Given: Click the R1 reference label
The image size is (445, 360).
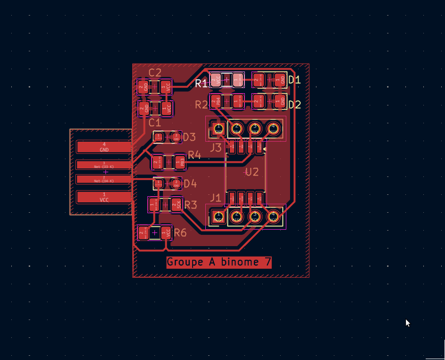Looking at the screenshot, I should pos(201,84).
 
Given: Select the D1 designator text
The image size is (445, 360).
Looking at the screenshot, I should pos(294,80).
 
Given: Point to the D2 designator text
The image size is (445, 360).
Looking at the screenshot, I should pos(294,104).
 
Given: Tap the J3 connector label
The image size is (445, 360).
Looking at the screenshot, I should pos(215,148).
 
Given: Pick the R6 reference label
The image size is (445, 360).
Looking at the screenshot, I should pos(180,232).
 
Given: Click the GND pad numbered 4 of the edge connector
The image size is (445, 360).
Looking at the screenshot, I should pos(104,147).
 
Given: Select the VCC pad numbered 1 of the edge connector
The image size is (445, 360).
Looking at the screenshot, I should pos(104,197).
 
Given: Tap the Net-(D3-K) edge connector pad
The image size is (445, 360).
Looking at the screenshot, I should pos(104,165).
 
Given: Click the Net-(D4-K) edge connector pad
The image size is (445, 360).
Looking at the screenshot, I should pos(104,179).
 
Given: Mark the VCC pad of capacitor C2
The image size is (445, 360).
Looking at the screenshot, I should pos(165,87).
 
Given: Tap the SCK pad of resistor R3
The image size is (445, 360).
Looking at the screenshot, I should pos(177,204).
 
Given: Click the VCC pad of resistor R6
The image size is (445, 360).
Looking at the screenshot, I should pos(166,232).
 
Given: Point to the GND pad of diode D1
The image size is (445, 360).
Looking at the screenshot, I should pos(282,80).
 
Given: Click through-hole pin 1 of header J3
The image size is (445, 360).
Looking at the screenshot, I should pos(218,128).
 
